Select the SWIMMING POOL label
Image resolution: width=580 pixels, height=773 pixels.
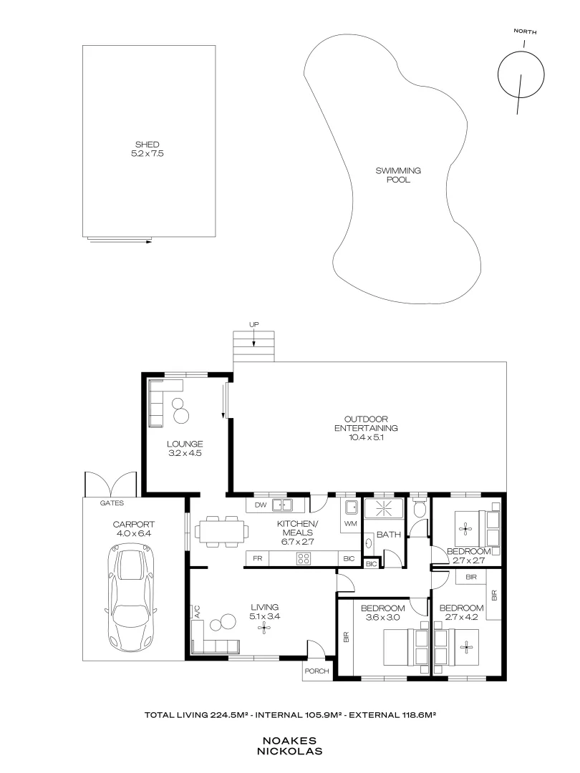(398, 175)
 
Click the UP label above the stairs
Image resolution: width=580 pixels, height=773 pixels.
(253, 324)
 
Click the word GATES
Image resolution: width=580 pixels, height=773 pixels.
(112, 503)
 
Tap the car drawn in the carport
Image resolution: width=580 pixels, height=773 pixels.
(130, 596)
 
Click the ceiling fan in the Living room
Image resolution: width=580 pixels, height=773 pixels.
(264, 628)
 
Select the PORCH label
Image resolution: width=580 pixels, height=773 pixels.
(316, 671)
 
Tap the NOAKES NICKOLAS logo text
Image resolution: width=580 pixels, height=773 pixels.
(289, 746)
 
